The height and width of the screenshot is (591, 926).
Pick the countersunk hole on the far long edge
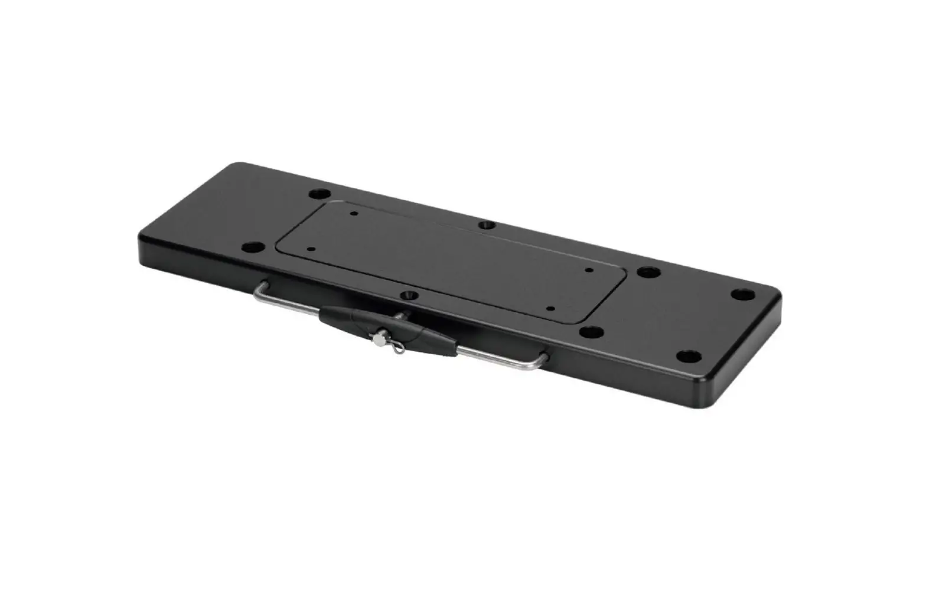485,225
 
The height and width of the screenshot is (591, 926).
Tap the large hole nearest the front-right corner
687,356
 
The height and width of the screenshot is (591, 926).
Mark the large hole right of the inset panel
648,273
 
